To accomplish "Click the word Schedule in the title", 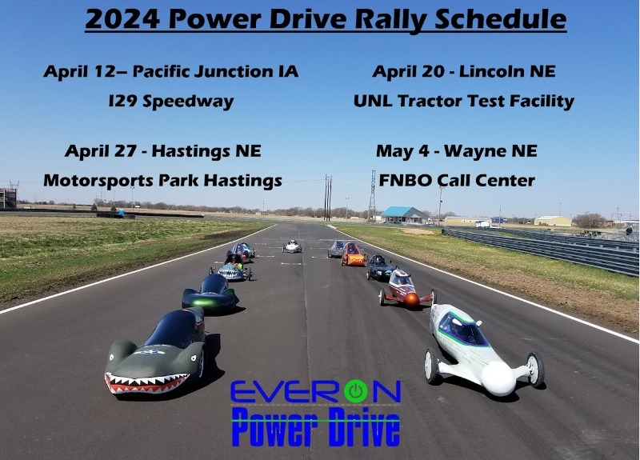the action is point(501,19).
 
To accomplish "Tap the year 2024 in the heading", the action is point(122,19).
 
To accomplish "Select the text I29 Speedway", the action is point(171,102).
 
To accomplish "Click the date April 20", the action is point(408,71).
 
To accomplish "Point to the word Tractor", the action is point(437,101).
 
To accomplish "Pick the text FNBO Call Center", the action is point(457,181).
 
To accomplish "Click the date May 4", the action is point(402,151).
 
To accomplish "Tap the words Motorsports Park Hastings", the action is point(162,181).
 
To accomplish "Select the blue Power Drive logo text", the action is point(315,427).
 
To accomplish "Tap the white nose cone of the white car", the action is point(498,378).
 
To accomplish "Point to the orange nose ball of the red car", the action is point(411,299).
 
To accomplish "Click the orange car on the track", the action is point(353,254).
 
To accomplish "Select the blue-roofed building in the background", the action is point(404,214).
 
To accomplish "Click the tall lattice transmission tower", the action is point(372,195).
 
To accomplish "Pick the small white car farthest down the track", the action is point(292,246).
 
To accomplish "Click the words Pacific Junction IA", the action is point(215,71).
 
